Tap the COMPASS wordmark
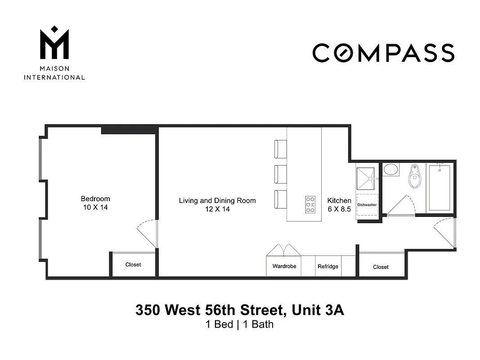pos(383,53)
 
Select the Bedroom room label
pos(95,199)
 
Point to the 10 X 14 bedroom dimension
pos(95,207)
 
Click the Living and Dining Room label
pos(217,201)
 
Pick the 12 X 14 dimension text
pos(217,209)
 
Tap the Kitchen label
pos(339,201)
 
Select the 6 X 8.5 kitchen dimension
pos(339,209)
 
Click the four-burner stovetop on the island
pos(310,204)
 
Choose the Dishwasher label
pos(367,205)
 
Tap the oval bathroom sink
pos(390,170)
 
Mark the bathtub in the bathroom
pos(439,188)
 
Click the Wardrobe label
pos(284,266)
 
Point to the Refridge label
pos(328,266)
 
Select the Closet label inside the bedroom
pos(133,265)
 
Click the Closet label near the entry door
pos(381,267)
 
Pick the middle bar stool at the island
pos(280,174)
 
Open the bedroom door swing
pos(147,233)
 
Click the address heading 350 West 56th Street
pos(240,310)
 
